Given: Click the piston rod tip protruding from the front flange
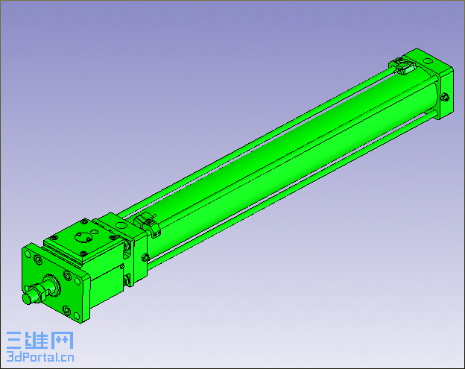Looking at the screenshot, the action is (x=28, y=298).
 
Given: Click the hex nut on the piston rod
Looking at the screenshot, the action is (x=38, y=292).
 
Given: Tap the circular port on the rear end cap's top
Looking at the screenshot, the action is (x=428, y=61).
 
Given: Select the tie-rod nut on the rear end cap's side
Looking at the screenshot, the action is (x=445, y=97).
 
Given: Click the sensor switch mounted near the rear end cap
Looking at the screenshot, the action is (x=402, y=66).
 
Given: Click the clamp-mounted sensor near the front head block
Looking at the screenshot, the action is (x=148, y=225).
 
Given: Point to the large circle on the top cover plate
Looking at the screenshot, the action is (x=83, y=237).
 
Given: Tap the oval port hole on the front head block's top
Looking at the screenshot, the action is (x=121, y=226).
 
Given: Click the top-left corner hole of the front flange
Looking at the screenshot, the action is (x=28, y=254).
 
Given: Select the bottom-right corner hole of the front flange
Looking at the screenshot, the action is (x=77, y=316).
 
